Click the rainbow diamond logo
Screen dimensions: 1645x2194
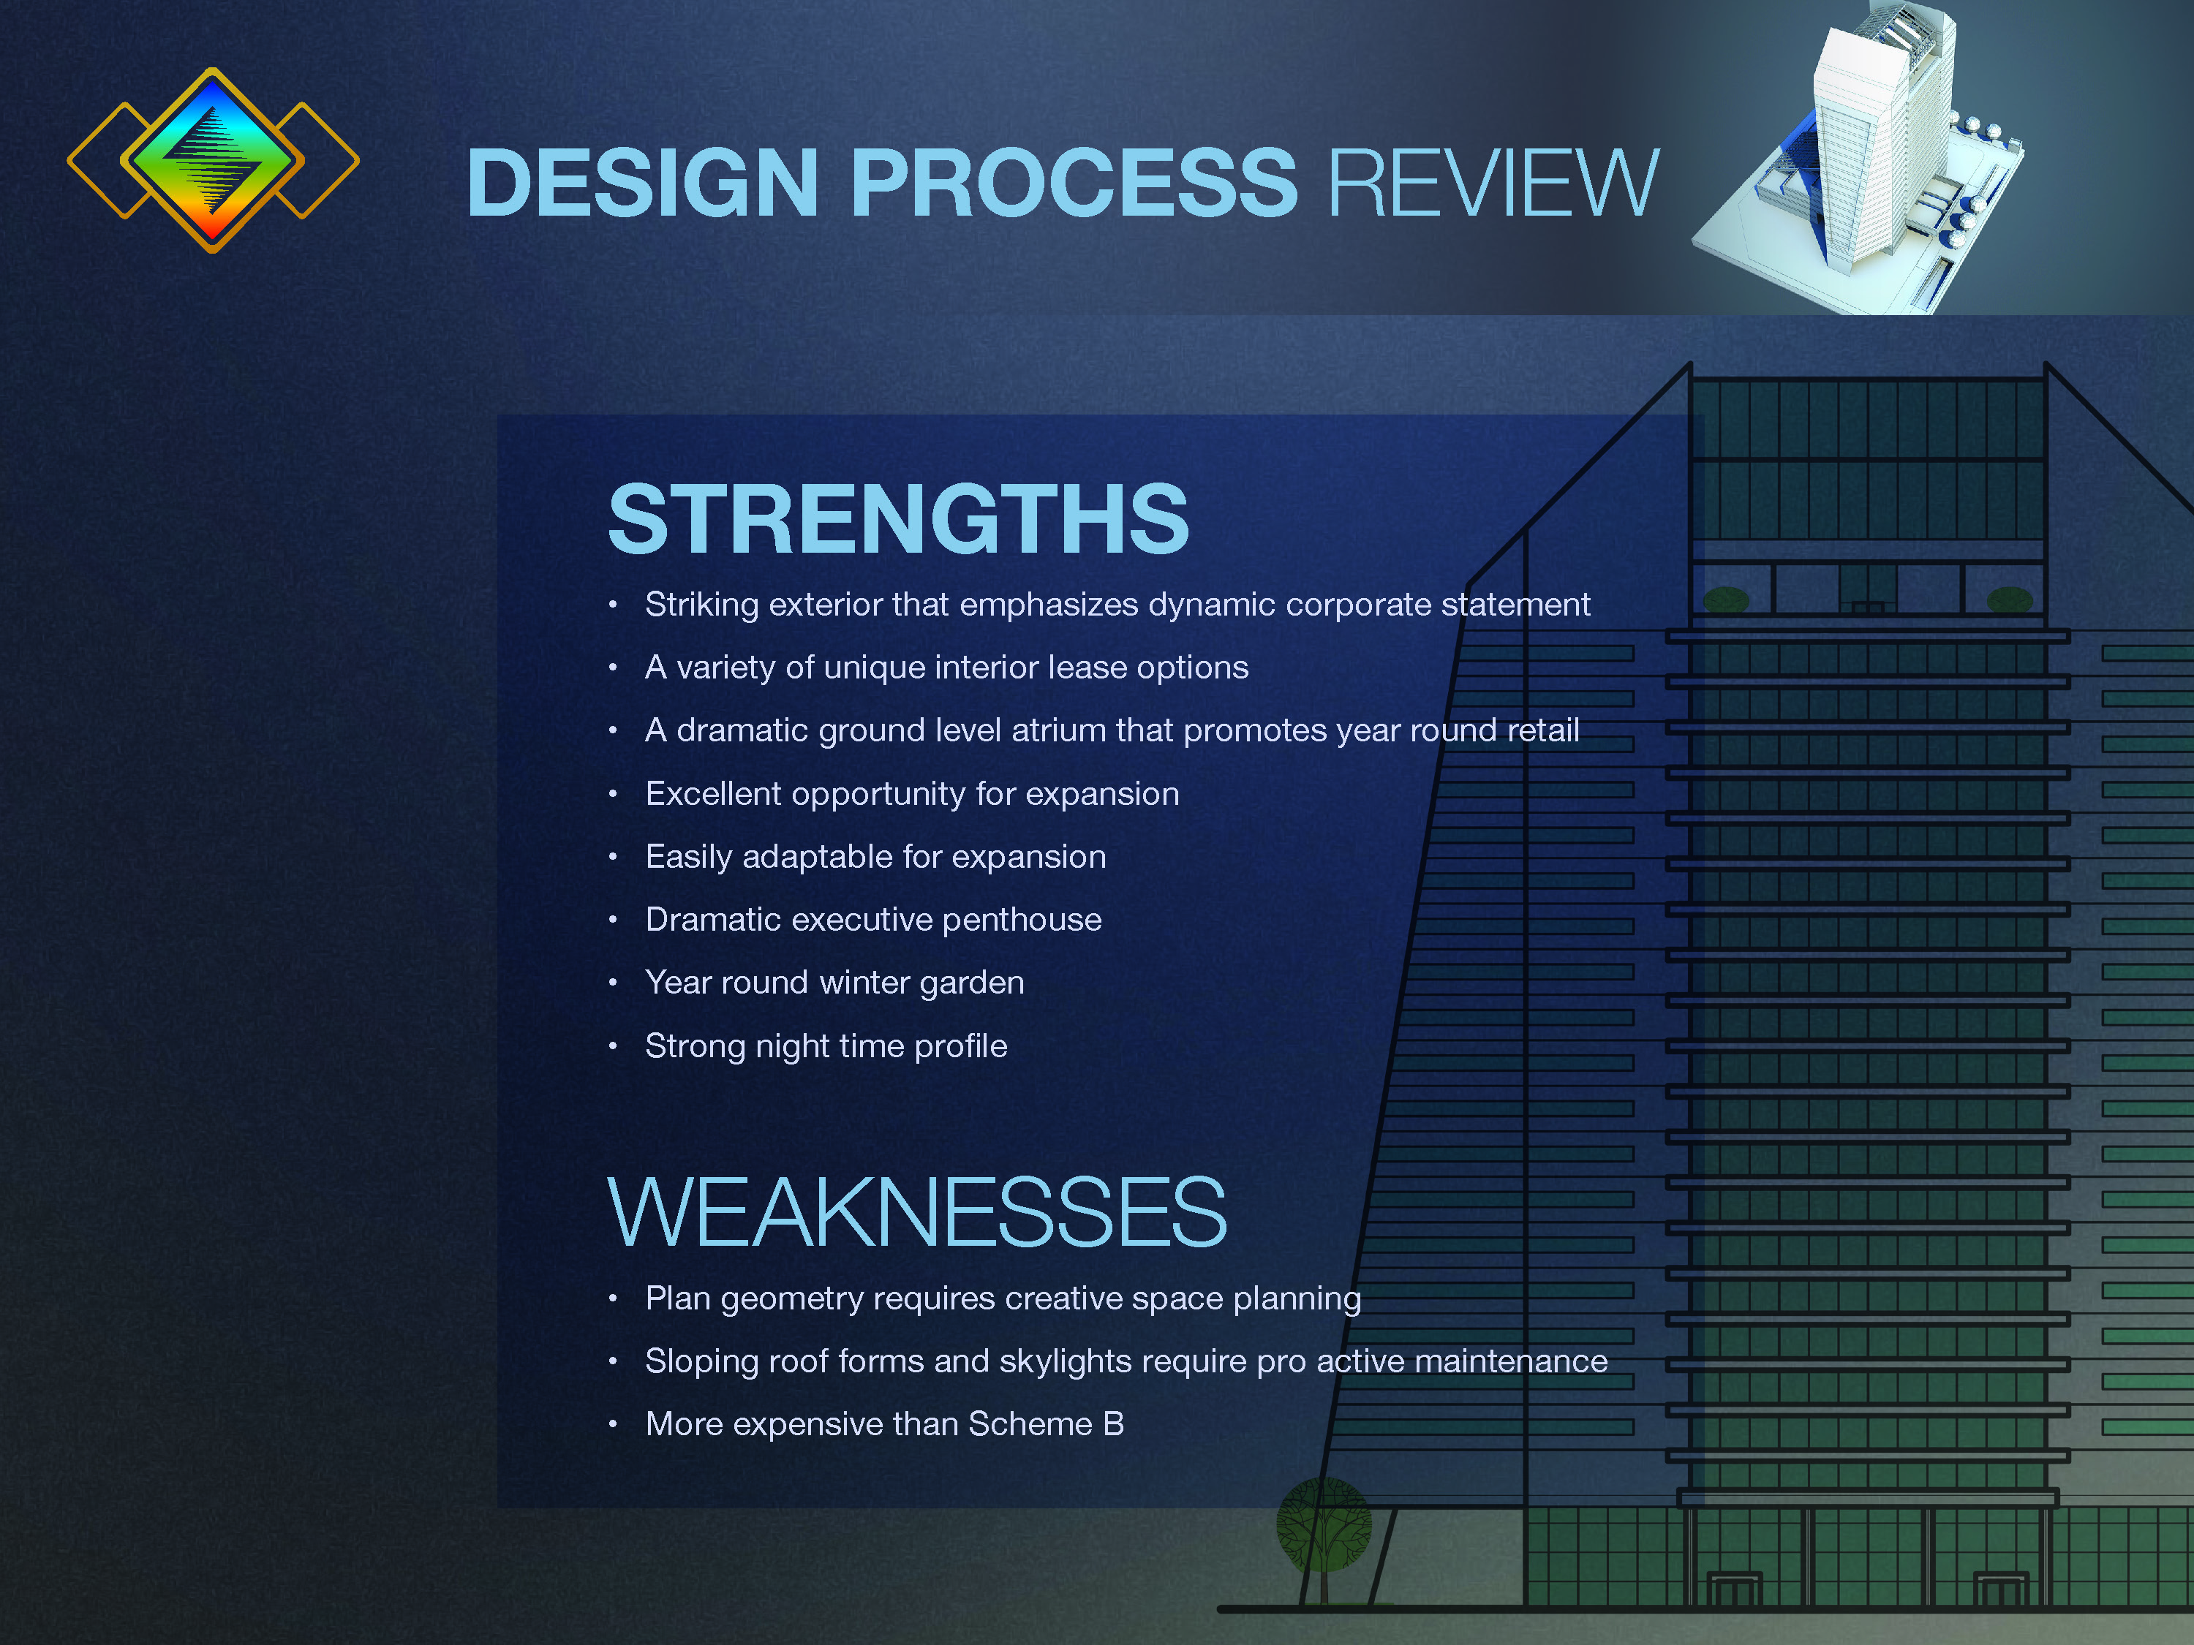point(212,159)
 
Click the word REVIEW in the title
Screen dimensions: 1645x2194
point(1492,184)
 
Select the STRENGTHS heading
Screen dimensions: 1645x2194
point(897,520)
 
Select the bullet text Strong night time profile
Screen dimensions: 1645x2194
point(825,1046)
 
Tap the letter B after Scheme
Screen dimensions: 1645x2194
point(1113,1424)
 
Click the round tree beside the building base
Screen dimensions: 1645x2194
point(1323,1524)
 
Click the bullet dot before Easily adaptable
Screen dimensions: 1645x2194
point(613,857)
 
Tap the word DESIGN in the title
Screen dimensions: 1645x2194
point(641,184)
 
